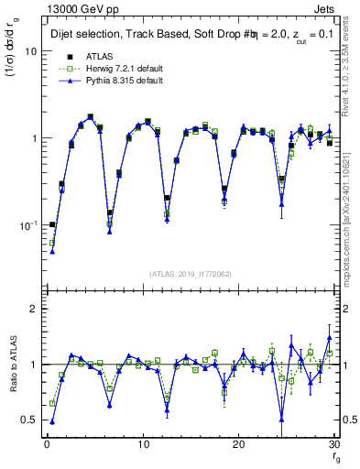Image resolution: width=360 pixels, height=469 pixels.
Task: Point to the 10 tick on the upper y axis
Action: pyautogui.click(x=30, y=51)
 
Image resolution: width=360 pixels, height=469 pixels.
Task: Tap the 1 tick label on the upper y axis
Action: pyautogui.click(x=33, y=138)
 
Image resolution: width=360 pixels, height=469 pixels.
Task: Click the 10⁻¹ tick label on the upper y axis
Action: pyautogui.click(x=27, y=224)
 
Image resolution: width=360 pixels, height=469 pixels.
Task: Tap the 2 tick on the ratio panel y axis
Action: pyautogui.click(x=33, y=309)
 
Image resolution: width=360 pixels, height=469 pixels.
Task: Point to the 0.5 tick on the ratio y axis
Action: pyautogui.click(x=28, y=420)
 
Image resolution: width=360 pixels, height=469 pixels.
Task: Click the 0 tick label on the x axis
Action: pyautogui.click(x=47, y=445)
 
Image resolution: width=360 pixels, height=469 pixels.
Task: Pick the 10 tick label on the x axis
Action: pyautogui.click(x=143, y=445)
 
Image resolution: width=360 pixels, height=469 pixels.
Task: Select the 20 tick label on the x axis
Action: pyautogui.click(x=240, y=445)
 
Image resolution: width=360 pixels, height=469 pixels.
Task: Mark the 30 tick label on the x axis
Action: pyautogui.click(x=335, y=445)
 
